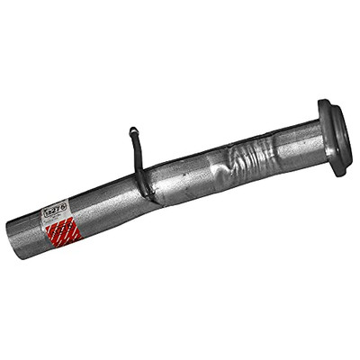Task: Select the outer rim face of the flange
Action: [340, 135]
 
